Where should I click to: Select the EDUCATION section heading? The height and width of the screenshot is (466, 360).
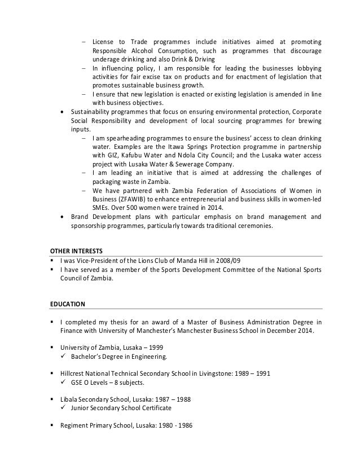click(68, 304)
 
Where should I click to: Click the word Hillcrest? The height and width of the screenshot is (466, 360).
click(74, 372)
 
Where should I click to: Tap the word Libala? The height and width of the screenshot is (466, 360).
click(70, 398)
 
